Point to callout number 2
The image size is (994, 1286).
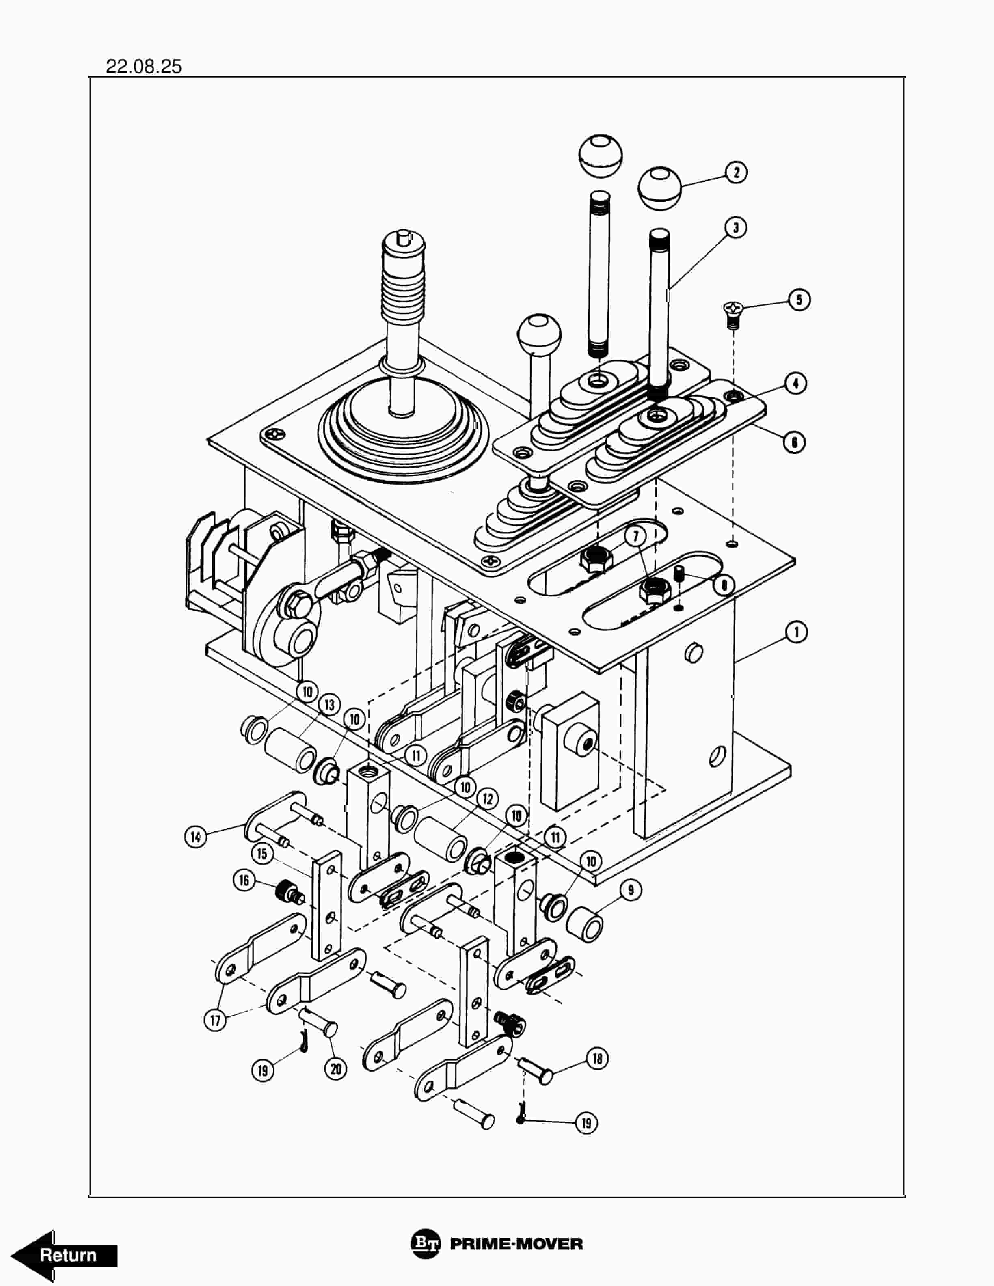coord(735,173)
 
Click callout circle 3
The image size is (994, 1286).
coord(735,227)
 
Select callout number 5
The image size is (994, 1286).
coord(799,300)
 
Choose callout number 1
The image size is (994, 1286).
coord(796,632)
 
